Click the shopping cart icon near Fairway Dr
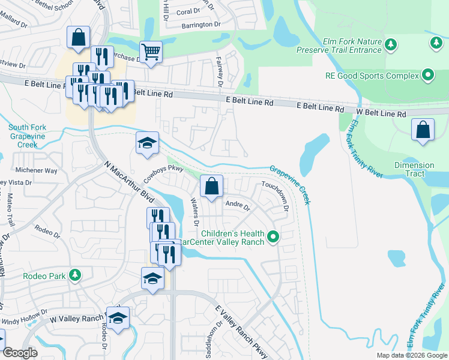[151, 52]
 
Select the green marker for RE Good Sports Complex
[428, 76]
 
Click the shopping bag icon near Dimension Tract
[423, 130]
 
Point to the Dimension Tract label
[414, 169]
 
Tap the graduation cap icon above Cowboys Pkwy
[147, 143]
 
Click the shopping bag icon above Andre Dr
[211, 186]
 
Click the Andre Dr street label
[237, 205]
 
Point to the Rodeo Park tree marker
[74, 275]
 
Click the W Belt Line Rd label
[381, 113]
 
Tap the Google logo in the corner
[20, 353]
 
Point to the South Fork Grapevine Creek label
[27, 136]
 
